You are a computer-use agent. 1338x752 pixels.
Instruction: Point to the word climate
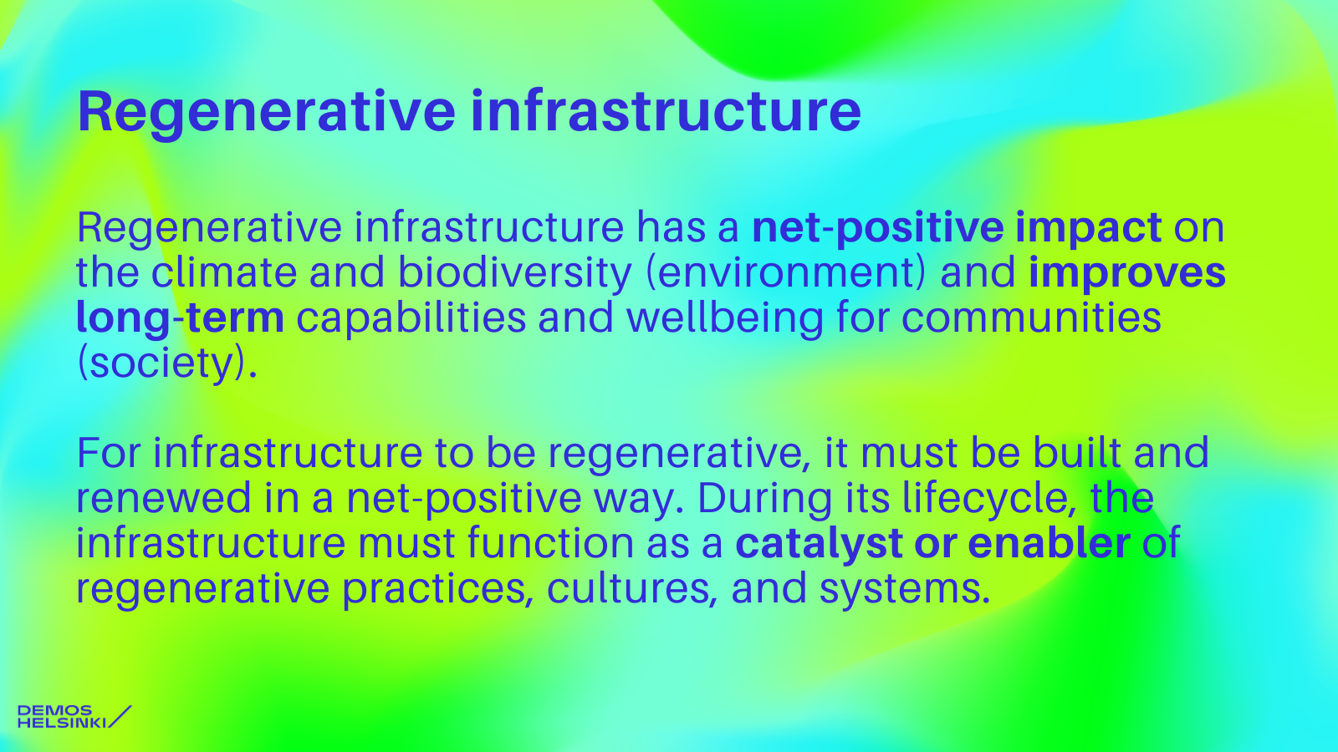224,272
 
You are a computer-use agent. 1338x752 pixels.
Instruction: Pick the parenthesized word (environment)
786,272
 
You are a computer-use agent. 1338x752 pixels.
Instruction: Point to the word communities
1031,318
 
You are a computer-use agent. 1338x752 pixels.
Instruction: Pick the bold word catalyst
818,544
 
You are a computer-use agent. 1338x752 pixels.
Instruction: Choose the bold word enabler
1049,542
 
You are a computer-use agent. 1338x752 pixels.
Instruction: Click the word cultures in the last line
632,590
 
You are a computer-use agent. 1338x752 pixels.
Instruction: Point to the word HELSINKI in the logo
62,723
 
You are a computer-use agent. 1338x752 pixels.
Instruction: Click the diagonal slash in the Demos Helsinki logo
120,716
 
